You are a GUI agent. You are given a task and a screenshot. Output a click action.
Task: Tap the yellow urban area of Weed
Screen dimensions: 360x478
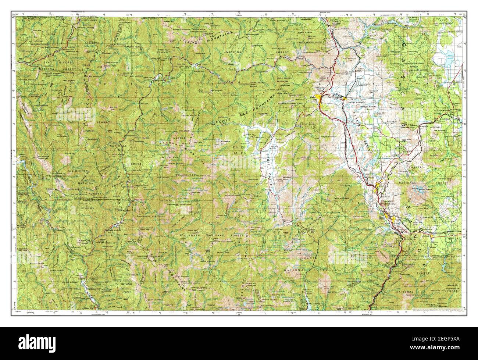[376, 189]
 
